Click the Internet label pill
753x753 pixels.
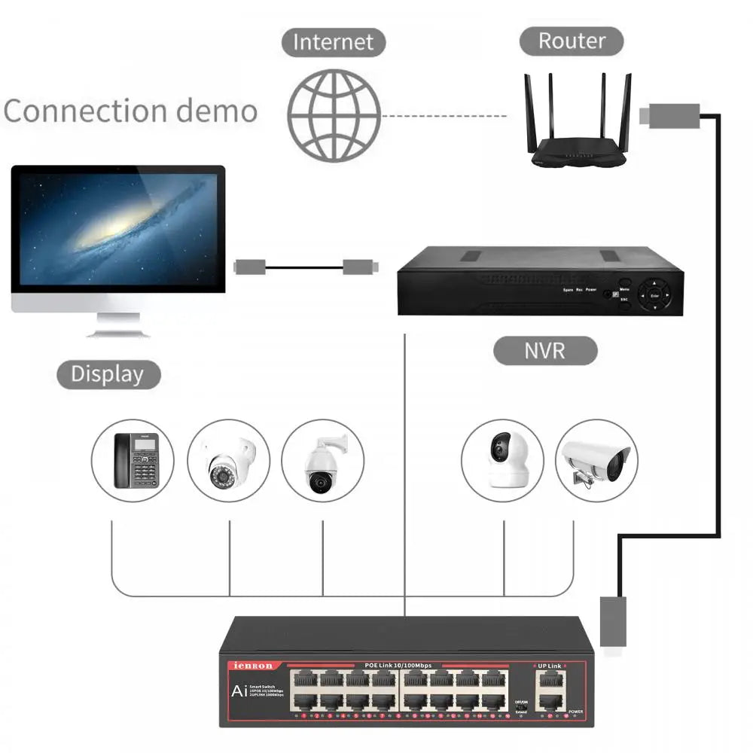333,41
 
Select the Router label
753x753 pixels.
572,41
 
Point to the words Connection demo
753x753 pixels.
130,111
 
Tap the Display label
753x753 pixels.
108,374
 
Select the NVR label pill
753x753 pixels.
544,351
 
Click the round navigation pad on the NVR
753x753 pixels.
654,295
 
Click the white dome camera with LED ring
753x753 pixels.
228,461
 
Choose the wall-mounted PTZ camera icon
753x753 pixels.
322,461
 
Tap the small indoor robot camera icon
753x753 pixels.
502,461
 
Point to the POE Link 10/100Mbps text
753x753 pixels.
398,665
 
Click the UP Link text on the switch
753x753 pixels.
548,666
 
